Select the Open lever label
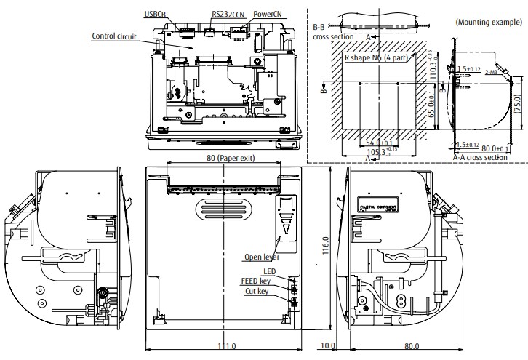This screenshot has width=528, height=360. tap(260, 256)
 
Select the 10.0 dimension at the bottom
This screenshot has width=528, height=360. tap(328, 346)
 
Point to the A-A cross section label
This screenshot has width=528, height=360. tap(479, 156)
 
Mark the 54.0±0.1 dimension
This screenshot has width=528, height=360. tap(379, 143)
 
